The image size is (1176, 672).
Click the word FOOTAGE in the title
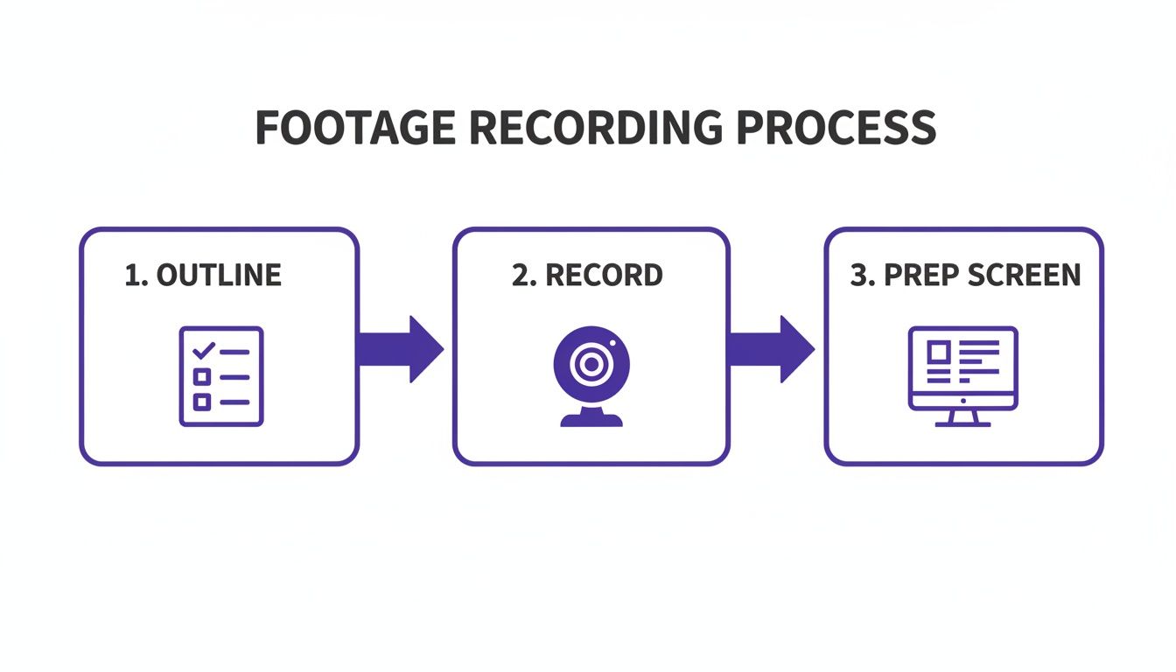(x=355, y=128)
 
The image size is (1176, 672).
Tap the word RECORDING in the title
(x=595, y=128)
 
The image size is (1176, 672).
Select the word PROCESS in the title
(x=836, y=128)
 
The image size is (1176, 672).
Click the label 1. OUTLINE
(x=203, y=275)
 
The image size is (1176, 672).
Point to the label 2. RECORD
(x=587, y=275)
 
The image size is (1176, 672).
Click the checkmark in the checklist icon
(x=203, y=351)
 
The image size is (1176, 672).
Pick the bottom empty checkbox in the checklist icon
(x=202, y=402)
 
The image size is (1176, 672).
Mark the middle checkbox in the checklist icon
(x=202, y=377)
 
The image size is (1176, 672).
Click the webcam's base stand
(x=591, y=419)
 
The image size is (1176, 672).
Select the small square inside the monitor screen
(x=938, y=351)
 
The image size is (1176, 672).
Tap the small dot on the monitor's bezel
(x=962, y=400)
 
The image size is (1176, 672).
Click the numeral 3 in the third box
(x=857, y=275)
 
